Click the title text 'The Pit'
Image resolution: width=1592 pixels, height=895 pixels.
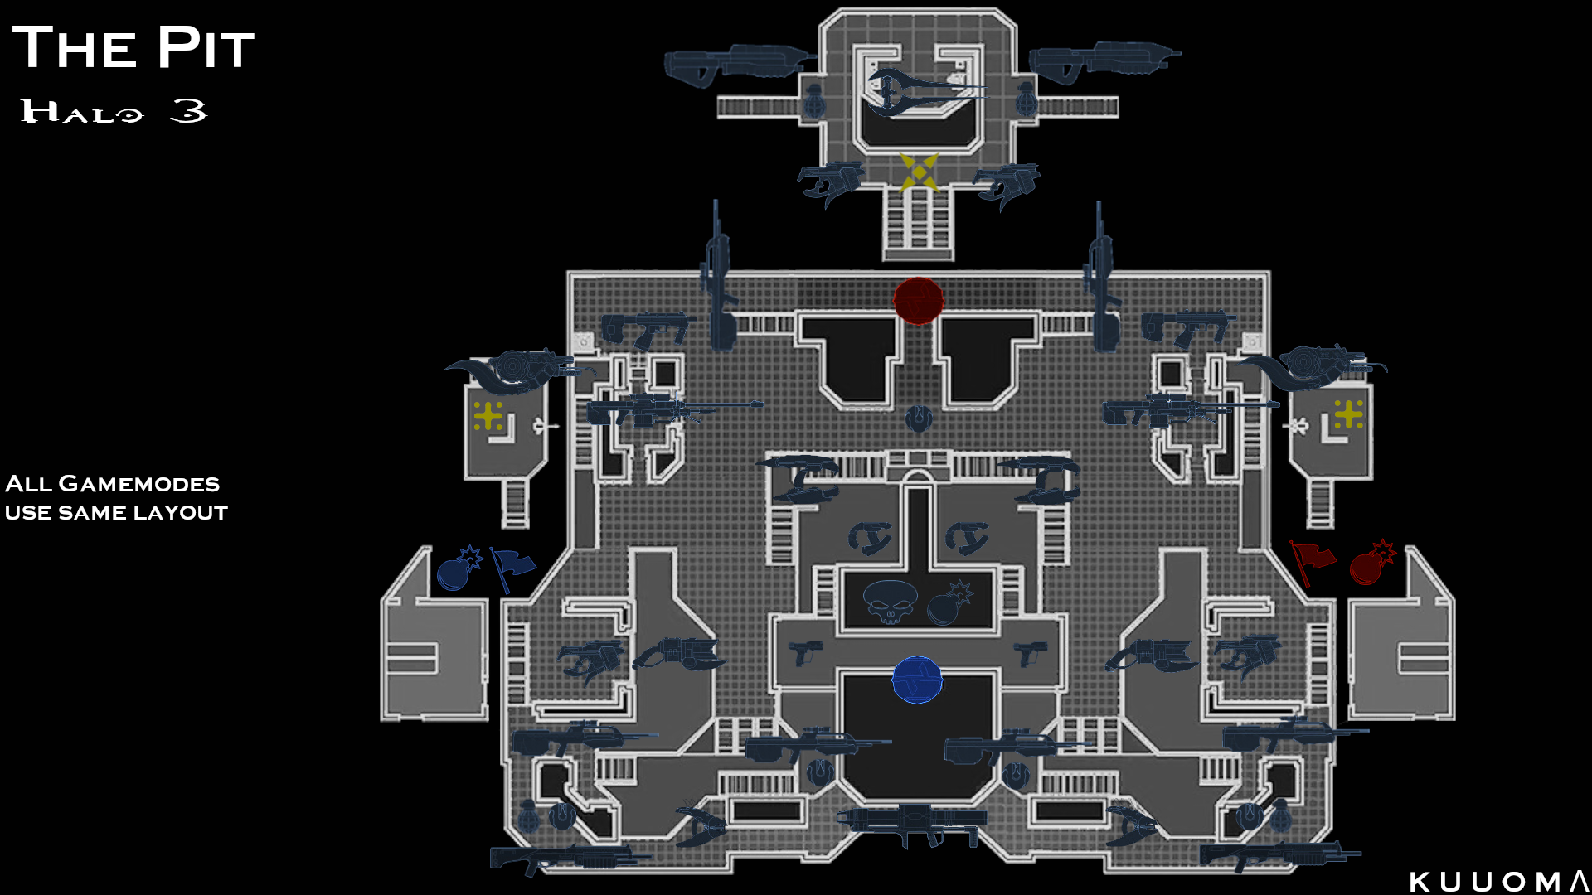[133, 48]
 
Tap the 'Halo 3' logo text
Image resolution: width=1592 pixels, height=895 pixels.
[114, 111]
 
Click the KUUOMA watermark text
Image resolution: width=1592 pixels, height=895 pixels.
[1498, 882]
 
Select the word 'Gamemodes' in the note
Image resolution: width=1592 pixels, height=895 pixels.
[139, 484]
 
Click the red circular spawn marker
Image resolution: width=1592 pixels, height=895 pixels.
[918, 300]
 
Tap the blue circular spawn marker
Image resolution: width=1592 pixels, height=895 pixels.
[917, 680]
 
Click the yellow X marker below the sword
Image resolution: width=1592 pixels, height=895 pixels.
[919, 172]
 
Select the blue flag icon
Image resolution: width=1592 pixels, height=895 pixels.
[512, 568]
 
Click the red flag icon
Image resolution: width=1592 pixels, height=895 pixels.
[1313, 562]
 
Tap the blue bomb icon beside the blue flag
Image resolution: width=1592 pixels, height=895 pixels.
[458, 568]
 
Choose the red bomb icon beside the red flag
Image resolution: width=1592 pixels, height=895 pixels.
[1371, 564]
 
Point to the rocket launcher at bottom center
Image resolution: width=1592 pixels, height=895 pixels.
[912, 822]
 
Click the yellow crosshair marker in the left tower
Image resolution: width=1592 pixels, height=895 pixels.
[488, 415]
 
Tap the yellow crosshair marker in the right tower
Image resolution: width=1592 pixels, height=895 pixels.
[1349, 414]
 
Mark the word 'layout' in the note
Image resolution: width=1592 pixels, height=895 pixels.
[181, 513]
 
